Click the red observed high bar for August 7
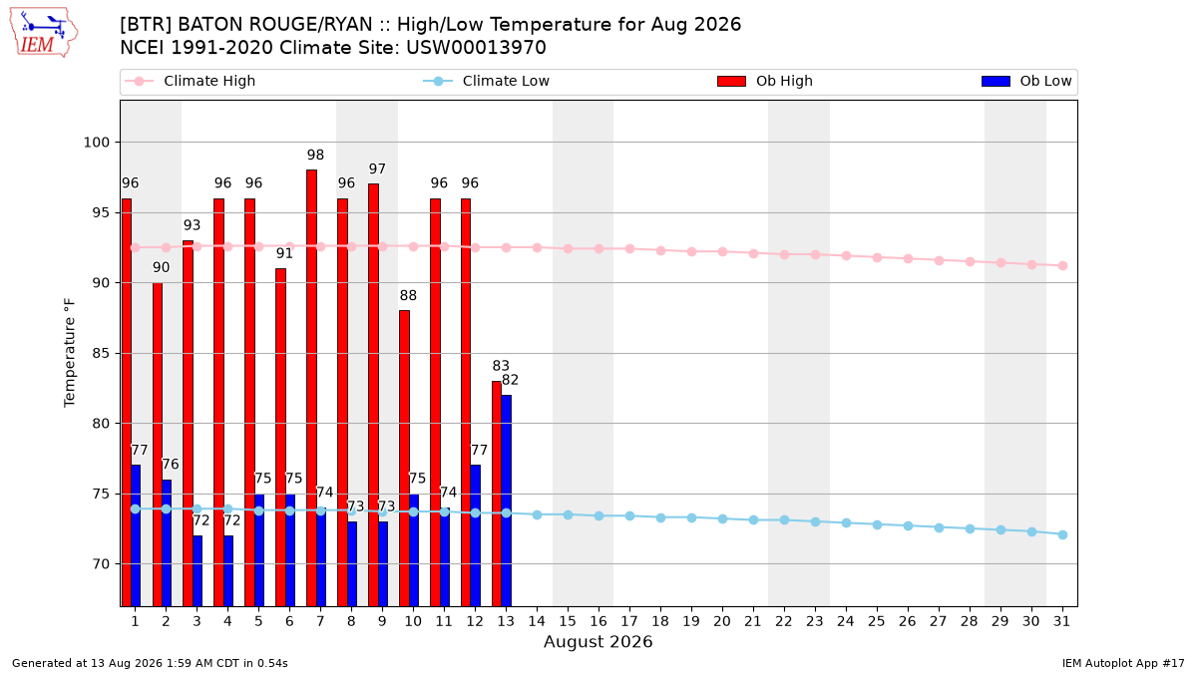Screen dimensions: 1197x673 pos(311,388)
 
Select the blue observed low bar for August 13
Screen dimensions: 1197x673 pos(506,501)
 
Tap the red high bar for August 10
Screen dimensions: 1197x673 pos(405,459)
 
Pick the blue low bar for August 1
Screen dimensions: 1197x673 pos(136,535)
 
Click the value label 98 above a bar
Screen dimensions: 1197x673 pos(315,155)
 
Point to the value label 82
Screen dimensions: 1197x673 pos(510,380)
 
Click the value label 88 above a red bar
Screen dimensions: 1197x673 pos(408,295)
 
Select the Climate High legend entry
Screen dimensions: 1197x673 pos(191,81)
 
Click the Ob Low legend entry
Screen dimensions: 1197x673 pos(1026,81)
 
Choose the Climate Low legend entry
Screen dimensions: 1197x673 pos(487,81)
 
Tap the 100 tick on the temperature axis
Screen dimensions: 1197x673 pos(96,143)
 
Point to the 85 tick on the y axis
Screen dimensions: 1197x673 pos(101,354)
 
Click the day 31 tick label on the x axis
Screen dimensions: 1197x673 pos(1061,621)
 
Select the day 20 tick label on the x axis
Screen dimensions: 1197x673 pos(722,621)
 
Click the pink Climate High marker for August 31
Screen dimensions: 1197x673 pos(1062,265)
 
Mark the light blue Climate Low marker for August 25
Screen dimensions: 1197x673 pos(877,525)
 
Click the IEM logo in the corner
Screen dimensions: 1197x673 pos(44,33)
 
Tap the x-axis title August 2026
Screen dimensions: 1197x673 pos(598,641)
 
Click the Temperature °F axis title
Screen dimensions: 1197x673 pos(70,353)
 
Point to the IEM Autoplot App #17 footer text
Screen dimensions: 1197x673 pos(1123,663)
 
